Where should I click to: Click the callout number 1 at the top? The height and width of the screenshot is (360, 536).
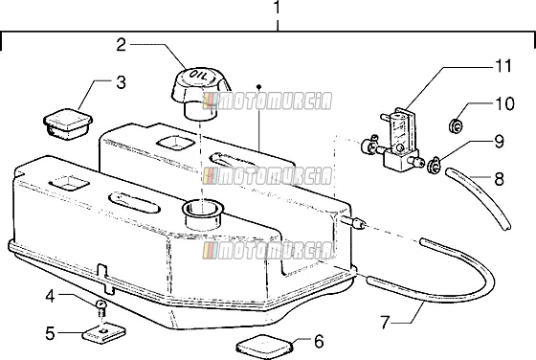(x=277, y=7)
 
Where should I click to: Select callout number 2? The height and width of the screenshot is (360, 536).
(x=122, y=45)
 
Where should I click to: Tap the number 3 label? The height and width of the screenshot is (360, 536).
(x=121, y=82)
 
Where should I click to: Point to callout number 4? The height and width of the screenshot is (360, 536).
(x=50, y=296)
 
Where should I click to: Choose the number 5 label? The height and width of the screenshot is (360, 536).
(x=50, y=333)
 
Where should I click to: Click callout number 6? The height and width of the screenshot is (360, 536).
(x=319, y=341)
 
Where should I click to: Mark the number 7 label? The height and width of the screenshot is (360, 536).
(x=385, y=323)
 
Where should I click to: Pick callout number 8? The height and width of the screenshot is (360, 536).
(x=499, y=178)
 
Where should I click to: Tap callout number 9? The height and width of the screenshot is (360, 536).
(x=499, y=142)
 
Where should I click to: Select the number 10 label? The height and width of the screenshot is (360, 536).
(x=504, y=104)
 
